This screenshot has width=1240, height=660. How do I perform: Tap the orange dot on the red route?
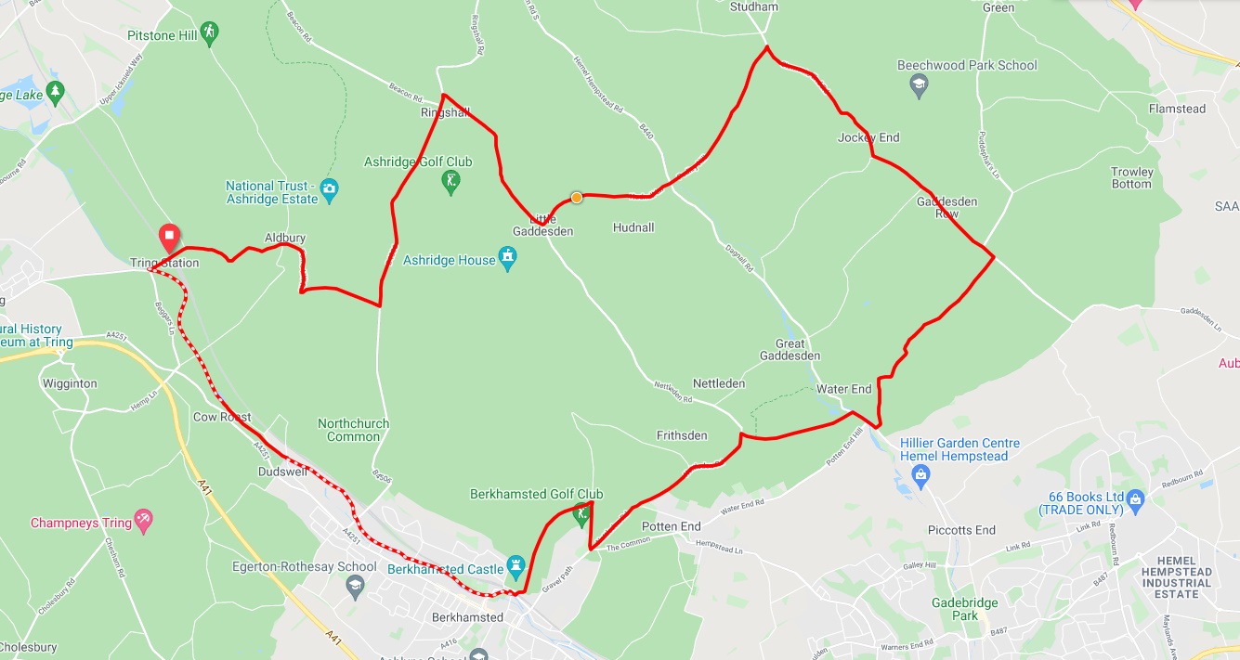pyautogui.click(x=577, y=197)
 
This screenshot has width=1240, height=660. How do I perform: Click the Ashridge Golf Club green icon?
pyautogui.click(x=451, y=180)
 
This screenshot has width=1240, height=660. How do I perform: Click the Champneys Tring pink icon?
pyautogui.click(x=143, y=522)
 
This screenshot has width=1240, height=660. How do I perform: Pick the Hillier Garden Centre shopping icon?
pyautogui.click(x=920, y=477)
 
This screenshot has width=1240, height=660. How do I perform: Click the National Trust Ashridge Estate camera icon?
pyautogui.click(x=329, y=192)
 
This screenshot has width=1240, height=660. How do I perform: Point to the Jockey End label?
pyautogui.click(x=868, y=137)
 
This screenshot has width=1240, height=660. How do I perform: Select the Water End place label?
pyautogui.click(x=843, y=389)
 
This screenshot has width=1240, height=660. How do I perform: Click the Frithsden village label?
pyautogui.click(x=682, y=435)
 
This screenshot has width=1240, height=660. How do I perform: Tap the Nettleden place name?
pyautogui.click(x=719, y=383)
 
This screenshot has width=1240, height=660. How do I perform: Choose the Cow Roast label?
pyautogui.click(x=222, y=417)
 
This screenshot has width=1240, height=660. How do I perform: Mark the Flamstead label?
pyautogui.click(x=1177, y=109)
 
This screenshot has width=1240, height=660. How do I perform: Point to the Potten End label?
pyautogui.click(x=671, y=526)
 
